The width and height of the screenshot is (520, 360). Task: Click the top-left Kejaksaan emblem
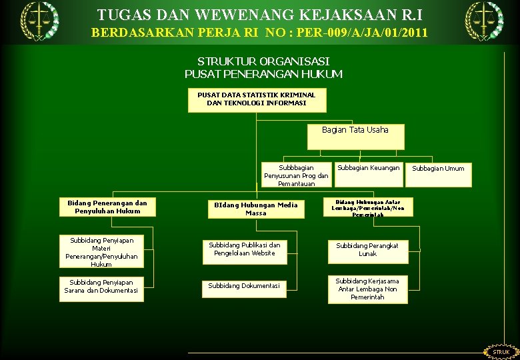pyautogui.click(x=38, y=20)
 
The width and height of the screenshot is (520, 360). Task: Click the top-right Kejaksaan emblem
pyautogui.click(x=483, y=20)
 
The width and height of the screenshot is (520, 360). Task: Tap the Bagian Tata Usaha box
pyautogui.click(x=355, y=136)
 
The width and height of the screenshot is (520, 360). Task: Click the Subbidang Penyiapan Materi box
pyautogui.click(x=101, y=251)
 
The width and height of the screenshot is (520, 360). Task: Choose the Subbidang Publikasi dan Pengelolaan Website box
pyautogui.click(x=245, y=249)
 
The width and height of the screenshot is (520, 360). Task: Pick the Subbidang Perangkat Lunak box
pyautogui.click(x=367, y=250)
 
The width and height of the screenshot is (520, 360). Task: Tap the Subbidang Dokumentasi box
pyautogui.click(x=245, y=286)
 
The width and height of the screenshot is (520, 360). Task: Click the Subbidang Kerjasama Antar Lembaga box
pyautogui.click(x=367, y=289)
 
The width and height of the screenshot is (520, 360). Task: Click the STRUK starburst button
pyautogui.click(x=501, y=351)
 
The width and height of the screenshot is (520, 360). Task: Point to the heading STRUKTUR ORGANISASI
pyautogui.click(x=263, y=61)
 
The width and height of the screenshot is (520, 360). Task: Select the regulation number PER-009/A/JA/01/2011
pyautogui.click(x=351, y=32)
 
